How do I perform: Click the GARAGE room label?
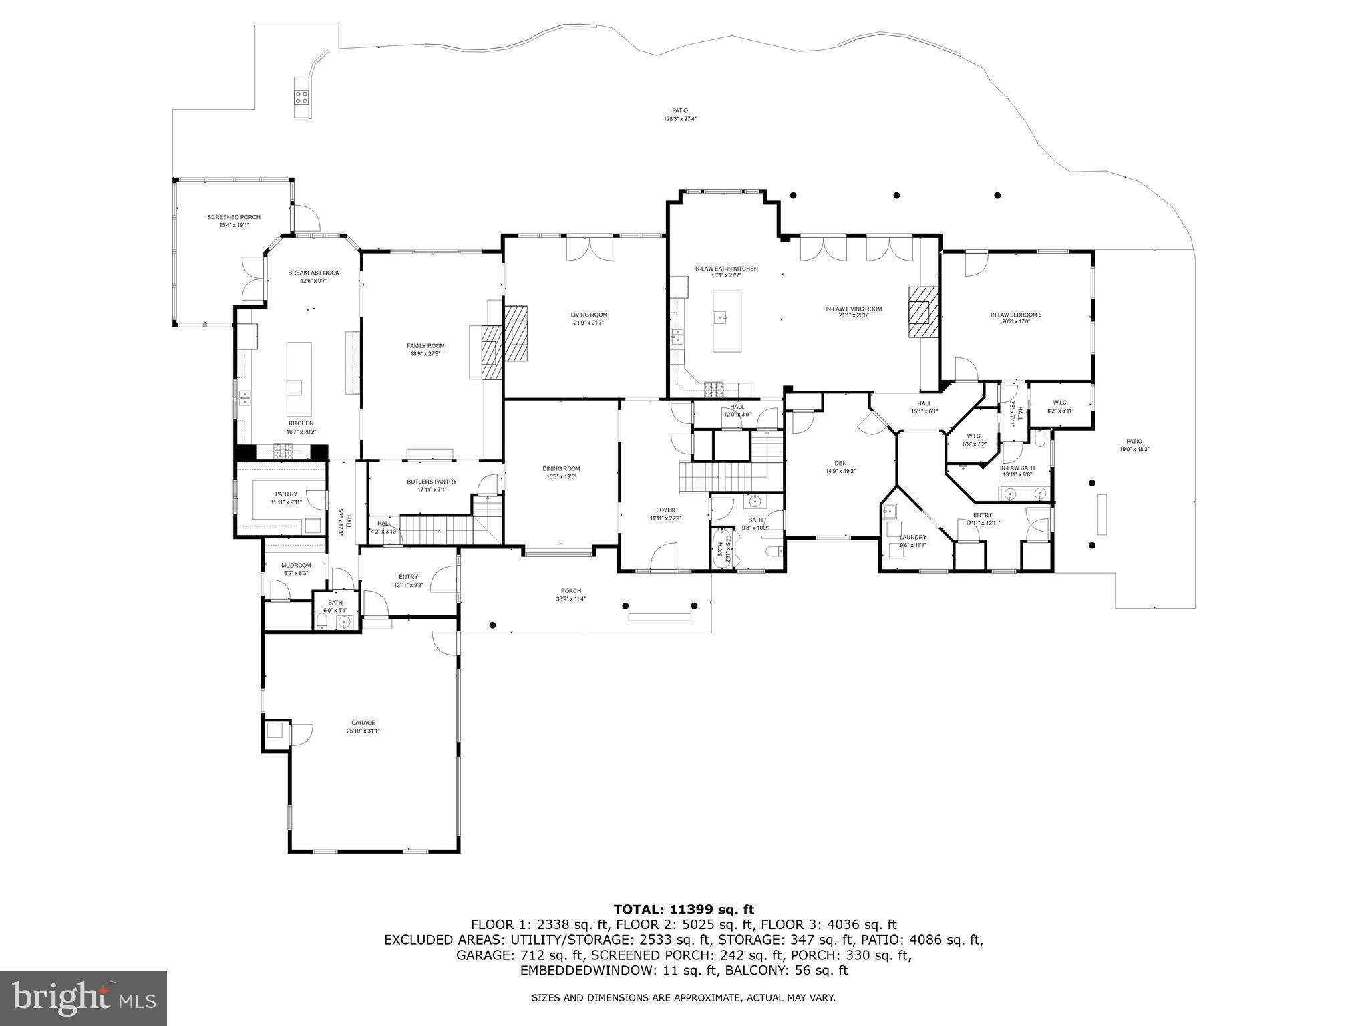coord(363,722)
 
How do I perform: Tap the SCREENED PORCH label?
coord(234,217)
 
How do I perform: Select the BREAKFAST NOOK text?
coord(313,273)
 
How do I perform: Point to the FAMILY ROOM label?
coord(425,345)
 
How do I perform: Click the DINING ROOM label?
coord(561,468)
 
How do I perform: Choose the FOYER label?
coord(665,510)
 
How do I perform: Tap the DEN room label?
coord(840,463)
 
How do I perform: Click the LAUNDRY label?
coord(912,537)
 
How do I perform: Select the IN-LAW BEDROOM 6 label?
coord(1016,314)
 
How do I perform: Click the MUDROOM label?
coord(296,565)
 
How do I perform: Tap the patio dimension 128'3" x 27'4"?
coord(680,119)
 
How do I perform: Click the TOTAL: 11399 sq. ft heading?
coord(683,909)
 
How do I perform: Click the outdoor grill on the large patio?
coord(302,98)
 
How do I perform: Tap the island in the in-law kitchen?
coord(727,321)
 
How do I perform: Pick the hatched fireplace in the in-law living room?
coord(922,313)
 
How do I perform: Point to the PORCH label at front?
coord(570,590)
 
